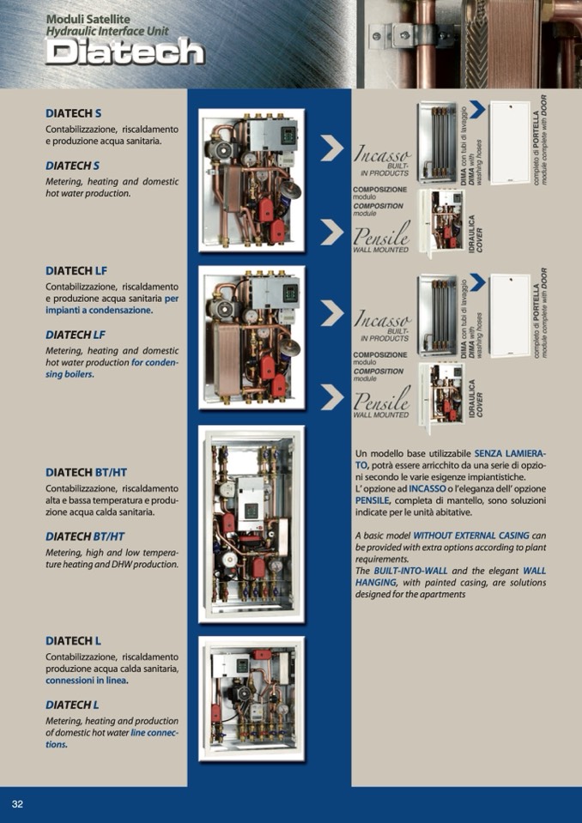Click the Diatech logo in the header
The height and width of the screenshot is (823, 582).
(x=125, y=52)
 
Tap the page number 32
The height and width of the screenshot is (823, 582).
(x=17, y=804)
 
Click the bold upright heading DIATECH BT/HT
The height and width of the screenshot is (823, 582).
(x=86, y=472)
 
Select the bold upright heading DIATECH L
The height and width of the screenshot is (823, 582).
(x=74, y=641)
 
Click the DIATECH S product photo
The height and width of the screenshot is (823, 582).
(x=252, y=180)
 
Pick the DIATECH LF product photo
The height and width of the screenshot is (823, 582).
(x=252, y=337)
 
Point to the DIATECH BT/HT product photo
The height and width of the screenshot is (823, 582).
(x=252, y=524)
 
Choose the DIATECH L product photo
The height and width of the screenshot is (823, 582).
(x=252, y=699)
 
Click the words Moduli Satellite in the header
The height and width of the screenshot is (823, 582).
(x=88, y=20)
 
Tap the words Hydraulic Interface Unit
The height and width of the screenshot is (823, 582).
(x=107, y=31)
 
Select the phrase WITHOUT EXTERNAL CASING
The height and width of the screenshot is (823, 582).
(x=471, y=536)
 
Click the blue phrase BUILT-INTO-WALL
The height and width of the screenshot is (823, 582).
(x=410, y=571)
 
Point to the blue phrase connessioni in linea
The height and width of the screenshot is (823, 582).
(x=87, y=681)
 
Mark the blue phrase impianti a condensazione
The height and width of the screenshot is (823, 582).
(x=100, y=310)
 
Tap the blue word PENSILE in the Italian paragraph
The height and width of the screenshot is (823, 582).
(x=372, y=500)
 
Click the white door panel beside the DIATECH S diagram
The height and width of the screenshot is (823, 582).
(x=510, y=142)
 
